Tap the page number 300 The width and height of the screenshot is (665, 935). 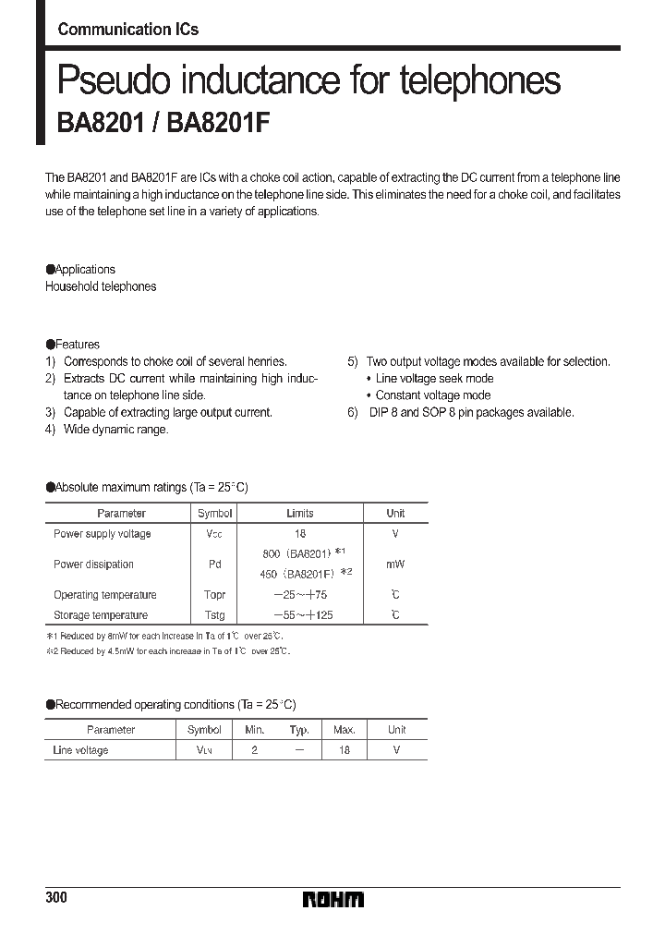(57, 899)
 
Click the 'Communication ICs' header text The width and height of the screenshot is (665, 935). (127, 30)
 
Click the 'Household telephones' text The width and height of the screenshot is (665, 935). (101, 286)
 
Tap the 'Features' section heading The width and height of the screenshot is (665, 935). (77, 345)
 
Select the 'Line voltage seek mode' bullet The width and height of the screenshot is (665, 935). (434, 379)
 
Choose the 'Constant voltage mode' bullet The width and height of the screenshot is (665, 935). (432, 395)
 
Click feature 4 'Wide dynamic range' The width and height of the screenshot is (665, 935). (115, 430)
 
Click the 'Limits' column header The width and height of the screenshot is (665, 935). (300, 513)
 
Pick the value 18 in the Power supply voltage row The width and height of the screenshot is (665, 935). (300, 534)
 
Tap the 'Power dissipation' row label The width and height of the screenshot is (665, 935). (93, 565)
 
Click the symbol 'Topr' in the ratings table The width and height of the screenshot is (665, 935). (214, 595)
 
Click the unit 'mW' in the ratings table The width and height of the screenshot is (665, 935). (395, 565)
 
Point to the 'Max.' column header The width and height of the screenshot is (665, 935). (344, 730)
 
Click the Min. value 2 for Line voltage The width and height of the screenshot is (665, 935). (254, 750)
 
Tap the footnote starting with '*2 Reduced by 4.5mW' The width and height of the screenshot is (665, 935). (168, 651)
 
